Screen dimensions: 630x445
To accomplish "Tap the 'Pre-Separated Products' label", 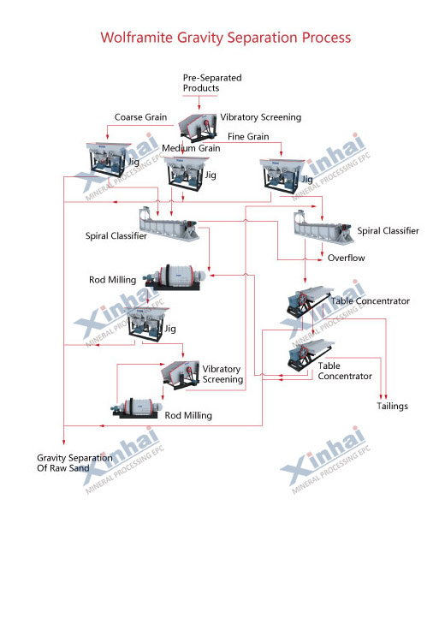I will pyautogui.click(x=212, y=83).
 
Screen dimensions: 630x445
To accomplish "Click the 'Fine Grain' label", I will pyautogui.click(x=248, y=137).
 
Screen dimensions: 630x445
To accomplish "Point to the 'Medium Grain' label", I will pyautogui.click(x=191, y=148).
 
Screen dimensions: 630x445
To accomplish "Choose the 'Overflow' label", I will pyautogui.click(x=347, y=258).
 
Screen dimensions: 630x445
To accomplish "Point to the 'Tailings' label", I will pyautogui.click(x=393, y=406).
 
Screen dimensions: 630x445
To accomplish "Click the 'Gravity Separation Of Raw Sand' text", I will pyautogui.click(x=74, y=463).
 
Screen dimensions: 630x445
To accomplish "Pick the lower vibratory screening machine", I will pyautogui.click(x=181, y=370).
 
